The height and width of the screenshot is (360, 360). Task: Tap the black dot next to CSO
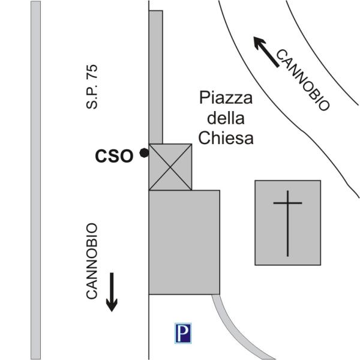[144, 154]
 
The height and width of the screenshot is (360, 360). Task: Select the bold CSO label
[114, 156]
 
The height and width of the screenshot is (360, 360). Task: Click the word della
[226, 118]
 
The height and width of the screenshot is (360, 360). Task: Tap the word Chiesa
[226, 138]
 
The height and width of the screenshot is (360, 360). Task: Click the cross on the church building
[287, 222]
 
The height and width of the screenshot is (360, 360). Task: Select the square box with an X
[170, 167]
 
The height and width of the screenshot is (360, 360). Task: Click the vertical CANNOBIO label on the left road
[92, 261]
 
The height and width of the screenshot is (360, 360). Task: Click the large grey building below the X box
[184, 242]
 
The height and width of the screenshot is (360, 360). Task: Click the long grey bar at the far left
[35, 180]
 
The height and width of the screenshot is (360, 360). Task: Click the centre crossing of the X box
[170, 167]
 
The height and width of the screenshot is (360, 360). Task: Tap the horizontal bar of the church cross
[287, 203]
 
